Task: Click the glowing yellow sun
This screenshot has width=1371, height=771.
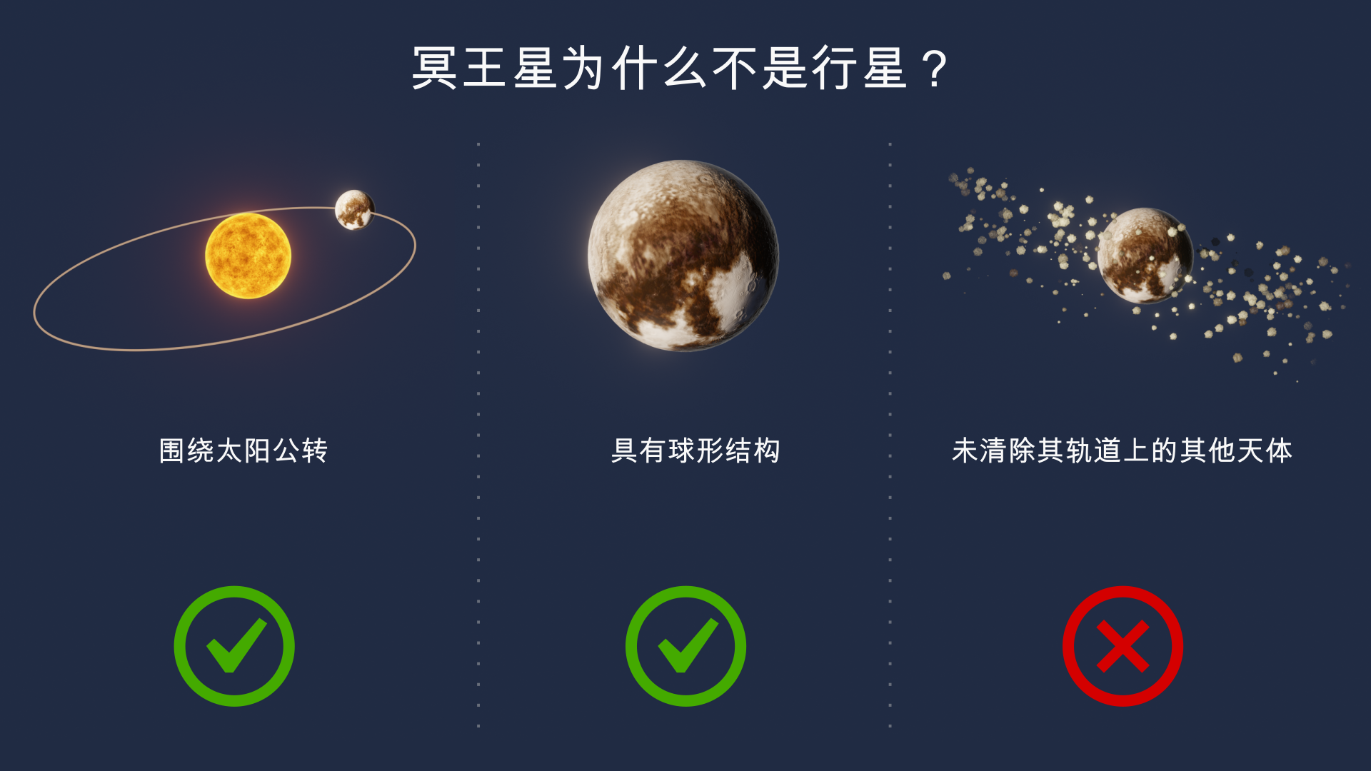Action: [248, 256]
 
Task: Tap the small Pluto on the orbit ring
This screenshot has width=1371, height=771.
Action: [354, 210]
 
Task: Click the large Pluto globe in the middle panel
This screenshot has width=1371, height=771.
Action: [683, 256]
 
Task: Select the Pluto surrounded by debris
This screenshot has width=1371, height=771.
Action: [1145, 256]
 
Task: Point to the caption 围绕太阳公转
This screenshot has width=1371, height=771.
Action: [243, 450]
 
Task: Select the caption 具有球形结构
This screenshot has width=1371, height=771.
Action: [695, 450]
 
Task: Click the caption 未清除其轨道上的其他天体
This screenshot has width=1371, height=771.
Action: [1122, 450]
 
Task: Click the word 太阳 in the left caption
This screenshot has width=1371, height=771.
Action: [243, 450]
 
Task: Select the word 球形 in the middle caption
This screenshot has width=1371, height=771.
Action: [695, 450]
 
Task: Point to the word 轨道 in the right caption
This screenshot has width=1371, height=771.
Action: [1093, 450]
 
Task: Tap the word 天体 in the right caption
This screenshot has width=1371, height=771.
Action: [1265, 450]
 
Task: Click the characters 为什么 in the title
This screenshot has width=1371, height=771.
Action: [635, 69]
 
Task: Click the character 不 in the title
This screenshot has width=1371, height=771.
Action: [735, 69]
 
